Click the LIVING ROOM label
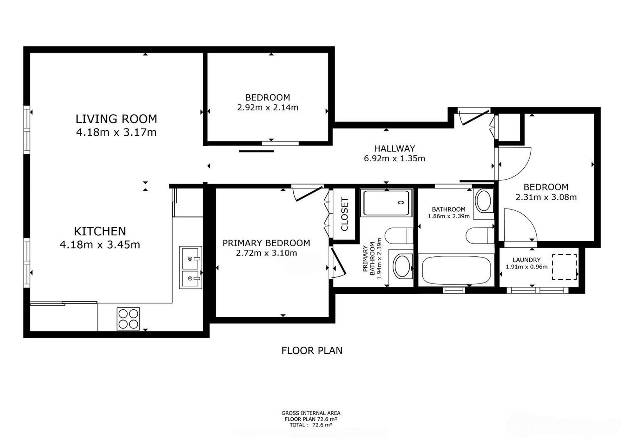point(117,119)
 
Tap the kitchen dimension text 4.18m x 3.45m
point(100,245)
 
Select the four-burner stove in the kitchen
point(128,319)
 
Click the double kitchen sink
point(191,267)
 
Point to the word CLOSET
point(345,214)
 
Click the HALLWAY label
point(394,148)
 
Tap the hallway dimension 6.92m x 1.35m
point(394,159)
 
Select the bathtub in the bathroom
point(456,270)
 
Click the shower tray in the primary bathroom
point(386,203)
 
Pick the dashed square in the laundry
point(564,267)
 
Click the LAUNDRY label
point(526,260)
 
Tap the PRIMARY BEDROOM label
point(266,243)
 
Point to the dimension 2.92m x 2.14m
point(268,108)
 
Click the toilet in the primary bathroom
point(399,236)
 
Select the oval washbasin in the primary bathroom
point(402,266)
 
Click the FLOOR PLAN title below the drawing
point(312,351)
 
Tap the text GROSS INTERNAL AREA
point(311,413)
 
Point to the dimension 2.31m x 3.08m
point(546,197)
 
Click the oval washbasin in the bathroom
point(484,201)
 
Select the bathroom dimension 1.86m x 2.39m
point(448,216)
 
